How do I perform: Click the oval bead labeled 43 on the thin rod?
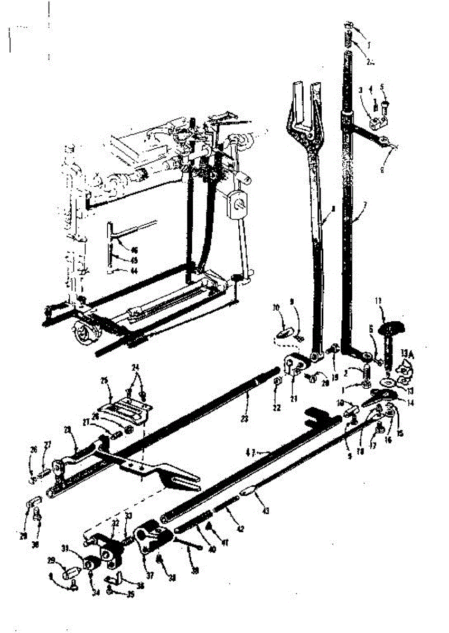click(249, 492)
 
